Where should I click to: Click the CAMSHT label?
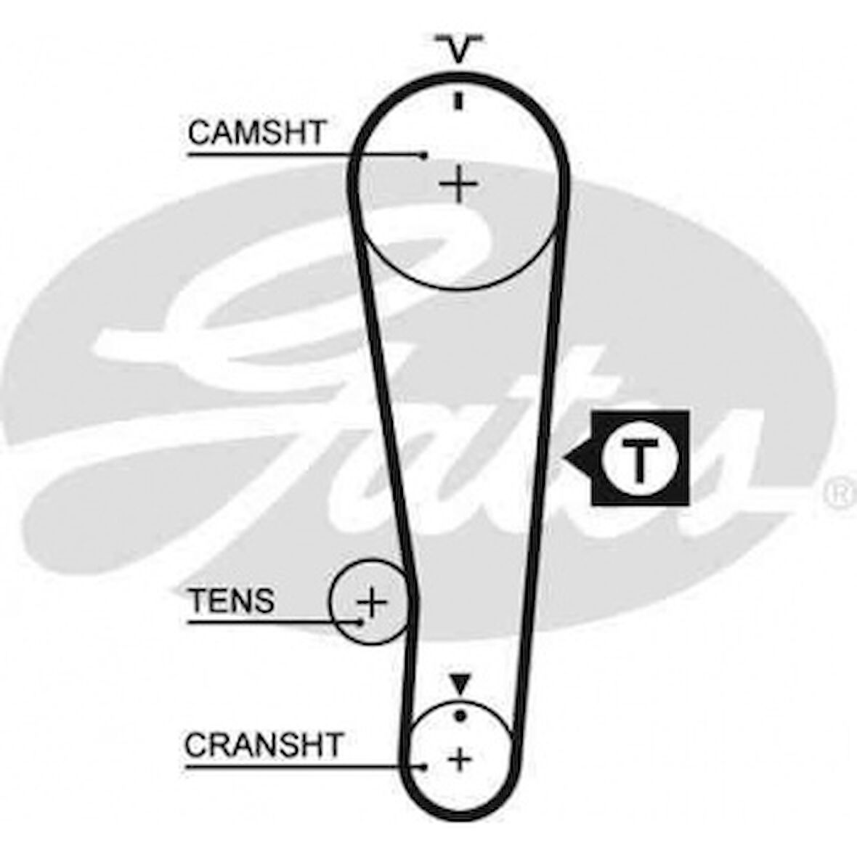pos(257,132)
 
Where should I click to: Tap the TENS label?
pos(231,600)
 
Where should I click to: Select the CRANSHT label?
pos(264,744)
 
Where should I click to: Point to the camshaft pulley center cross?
pos(459,184)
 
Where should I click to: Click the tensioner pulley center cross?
pos(372,602)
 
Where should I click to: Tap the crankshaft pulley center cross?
pos(460,759)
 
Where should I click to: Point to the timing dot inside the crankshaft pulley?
pos(460,715)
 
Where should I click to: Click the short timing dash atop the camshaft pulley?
pos(459,101)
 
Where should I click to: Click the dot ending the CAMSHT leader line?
pos(423,155)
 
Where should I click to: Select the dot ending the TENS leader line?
pos(360,622)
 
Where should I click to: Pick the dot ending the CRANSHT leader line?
pos(424,767)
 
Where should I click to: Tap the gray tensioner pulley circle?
pos(370,601)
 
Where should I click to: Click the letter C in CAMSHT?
pos(200,132)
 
